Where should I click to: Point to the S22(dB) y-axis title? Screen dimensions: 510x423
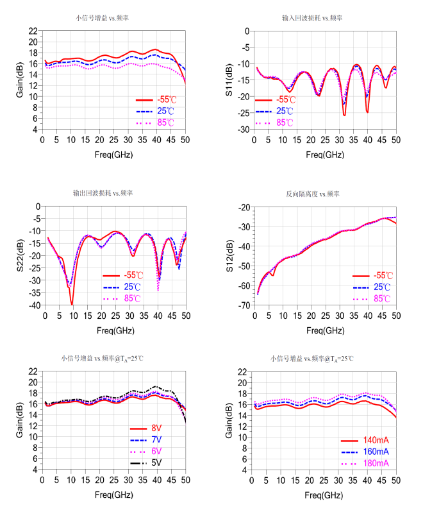[x=21, y=255]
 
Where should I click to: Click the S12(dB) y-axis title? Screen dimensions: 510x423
[x=230, y=255]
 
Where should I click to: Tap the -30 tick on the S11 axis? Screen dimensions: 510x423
[x=244, y=130]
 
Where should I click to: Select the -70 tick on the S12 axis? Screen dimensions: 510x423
[x=244, y=305]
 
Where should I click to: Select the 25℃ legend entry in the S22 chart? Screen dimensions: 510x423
[x=133, y=287]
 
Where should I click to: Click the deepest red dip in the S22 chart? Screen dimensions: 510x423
[x=72, y=304]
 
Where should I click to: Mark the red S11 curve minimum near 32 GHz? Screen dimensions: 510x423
[x=344, y=115]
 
